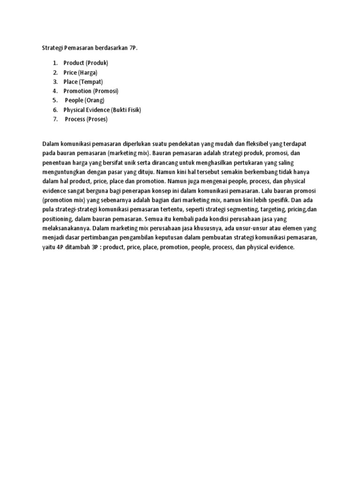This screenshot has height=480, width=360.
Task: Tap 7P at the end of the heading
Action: pyautogui.click(x=134, y=48)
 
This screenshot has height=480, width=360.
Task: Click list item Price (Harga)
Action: pyautogui.click(x=80, y=72)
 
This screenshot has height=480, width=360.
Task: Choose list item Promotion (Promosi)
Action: pyautogui.click(x=91, y=91)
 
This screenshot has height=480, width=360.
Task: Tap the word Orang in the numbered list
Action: pyautogui.click(x=95, y=100)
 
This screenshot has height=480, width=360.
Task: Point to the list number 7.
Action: pyautogui.click(x=54, y=119)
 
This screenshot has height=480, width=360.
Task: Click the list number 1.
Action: pyautogui.click(x=54, y=63)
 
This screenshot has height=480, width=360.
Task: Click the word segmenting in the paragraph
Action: pyautogui.click(x=232, y=209)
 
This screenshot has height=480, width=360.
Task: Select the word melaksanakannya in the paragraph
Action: pyautogui.click(x=66, y=228)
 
